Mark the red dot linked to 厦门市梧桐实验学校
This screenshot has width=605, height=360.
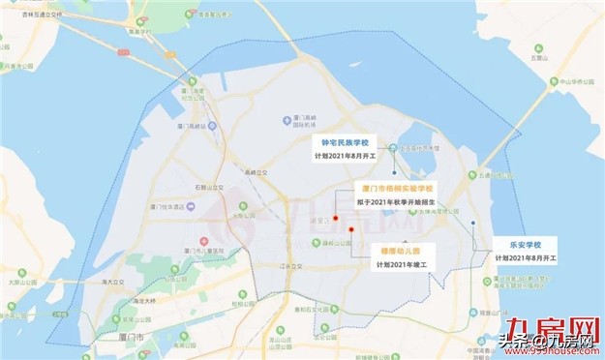pos(335,218)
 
